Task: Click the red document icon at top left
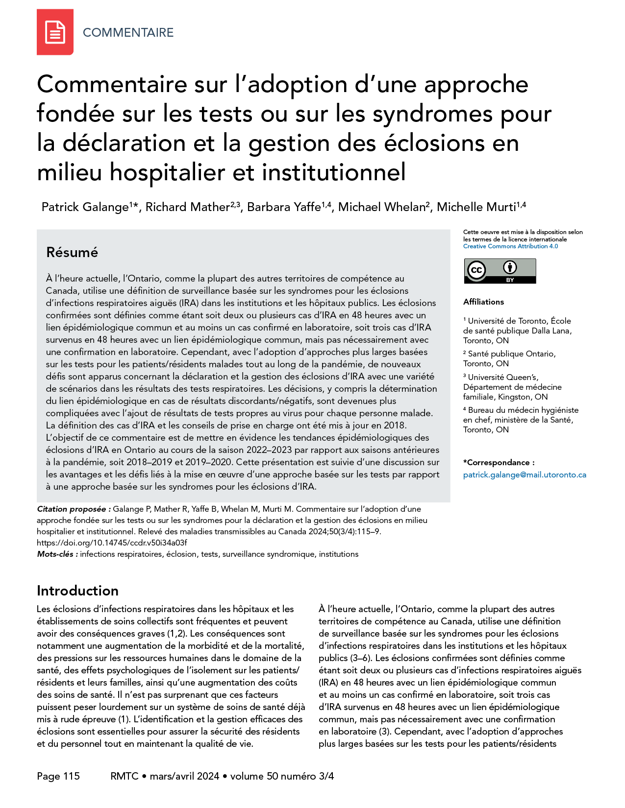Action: point(55,32)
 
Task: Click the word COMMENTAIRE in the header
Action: point(128,32)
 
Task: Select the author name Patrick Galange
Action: point(85,207)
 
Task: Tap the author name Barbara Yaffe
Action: point(284,207)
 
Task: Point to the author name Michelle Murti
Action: point(476,207)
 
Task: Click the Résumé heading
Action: point(72,252)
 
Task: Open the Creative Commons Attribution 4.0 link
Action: point(510,246)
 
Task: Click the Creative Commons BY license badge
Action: point(500,271)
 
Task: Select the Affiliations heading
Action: point(483,302)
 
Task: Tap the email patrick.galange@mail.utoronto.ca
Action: point(525,475)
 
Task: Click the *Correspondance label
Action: point(499,462)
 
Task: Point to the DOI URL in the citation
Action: point(112,543)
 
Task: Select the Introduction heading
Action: point(77,591)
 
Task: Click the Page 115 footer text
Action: point(58,776)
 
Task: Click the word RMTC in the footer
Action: point(125,776)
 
